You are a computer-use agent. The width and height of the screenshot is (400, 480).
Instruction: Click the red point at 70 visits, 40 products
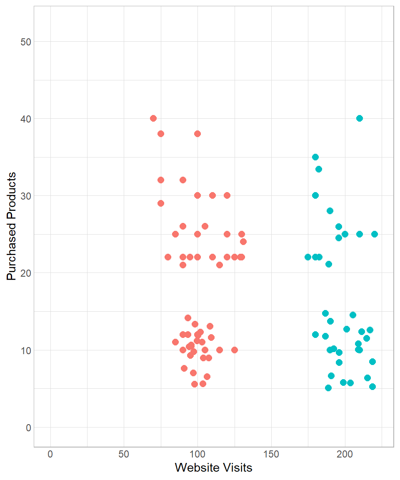tap(153, 118)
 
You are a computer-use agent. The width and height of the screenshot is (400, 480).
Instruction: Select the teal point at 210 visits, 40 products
tap(360, 118)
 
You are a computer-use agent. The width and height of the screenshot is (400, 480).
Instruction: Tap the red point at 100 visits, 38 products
tap(197, 134)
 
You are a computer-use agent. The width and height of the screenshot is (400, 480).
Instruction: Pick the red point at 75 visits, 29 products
tap(161, 203)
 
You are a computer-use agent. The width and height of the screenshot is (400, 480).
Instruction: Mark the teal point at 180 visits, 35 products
tap(315, 157)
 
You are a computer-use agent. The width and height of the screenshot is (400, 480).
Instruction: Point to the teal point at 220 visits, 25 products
tap(375, 234)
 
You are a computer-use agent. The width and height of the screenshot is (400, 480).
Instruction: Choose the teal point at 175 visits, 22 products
tap(308, 257)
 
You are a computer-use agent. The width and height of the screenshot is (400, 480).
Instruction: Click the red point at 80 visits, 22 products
tap(168, 257)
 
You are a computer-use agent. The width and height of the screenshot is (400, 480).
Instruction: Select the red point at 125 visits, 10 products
tap(235, 350)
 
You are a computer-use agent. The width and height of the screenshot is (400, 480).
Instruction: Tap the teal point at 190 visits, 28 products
tap(330, 211)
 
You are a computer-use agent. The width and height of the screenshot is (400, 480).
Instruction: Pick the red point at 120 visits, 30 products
tap(227, 195)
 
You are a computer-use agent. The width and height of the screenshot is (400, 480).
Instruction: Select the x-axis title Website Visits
tap(213, 467)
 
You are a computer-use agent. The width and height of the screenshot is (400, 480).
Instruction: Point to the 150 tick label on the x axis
tap(271, 454)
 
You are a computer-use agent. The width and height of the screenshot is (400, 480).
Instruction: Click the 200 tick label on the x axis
tap(345, 454)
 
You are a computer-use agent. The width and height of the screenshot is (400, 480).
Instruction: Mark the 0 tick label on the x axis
tap(50, 454)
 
